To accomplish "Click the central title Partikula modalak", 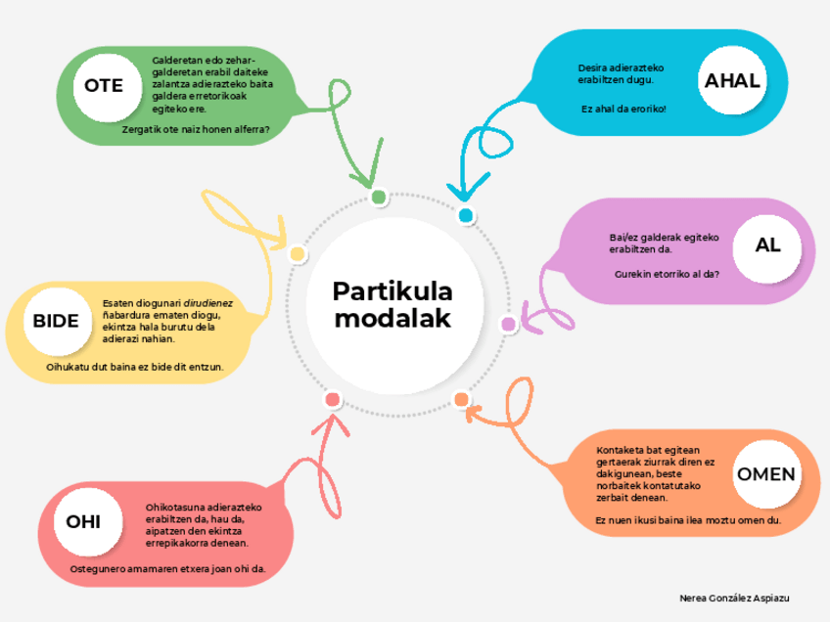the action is pyautogui.click(x=392, y=305).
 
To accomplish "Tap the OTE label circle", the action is pyautogui.click(x=104, y=86).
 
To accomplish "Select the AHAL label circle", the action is pyautogui.click(x=732, y=81).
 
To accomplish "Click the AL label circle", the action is pyautogui.click(x=767, y=245).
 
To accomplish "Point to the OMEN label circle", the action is pyautogui.click(x=765, y=474).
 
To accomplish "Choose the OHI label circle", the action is pyautogui.click(x=83, y=521).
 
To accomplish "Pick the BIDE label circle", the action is pyautogui.click(x=56, y=322).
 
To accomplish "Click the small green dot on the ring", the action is pyautogui.click(x=379, y=198).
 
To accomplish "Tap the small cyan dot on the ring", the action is pyautogui.click(x=466, y=215).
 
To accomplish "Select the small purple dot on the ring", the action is pyautogui.click(x=508, y=324).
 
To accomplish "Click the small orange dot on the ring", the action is pyautogui.click(x=461, y=399).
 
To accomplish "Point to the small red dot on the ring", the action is pyautogui.click(x=333, y=399).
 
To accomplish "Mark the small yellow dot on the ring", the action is pyautogui.click(x=298, y=254).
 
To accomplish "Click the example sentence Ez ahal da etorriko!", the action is pyautogui.click(x=623, y=109).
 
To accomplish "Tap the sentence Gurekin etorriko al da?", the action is pyautogui.click(x=668, y=274).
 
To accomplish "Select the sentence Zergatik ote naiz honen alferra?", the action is pyautogui.click(x=196, y=128).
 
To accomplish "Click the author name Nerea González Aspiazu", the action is pyautogui.click(x=734, y=597).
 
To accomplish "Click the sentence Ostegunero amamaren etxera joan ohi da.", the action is pyautogui.click(x=168, y=568).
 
